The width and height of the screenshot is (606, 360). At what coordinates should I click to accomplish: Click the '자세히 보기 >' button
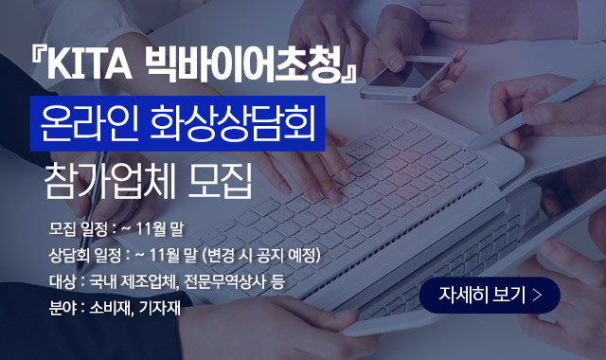coord(490,295)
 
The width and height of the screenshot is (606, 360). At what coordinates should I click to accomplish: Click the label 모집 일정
coord(78,228)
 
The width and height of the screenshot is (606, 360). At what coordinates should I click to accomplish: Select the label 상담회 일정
coord(85,256)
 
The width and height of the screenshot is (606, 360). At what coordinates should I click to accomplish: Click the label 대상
coord(62,282)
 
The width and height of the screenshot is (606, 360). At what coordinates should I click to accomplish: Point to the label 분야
coord(62,308)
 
